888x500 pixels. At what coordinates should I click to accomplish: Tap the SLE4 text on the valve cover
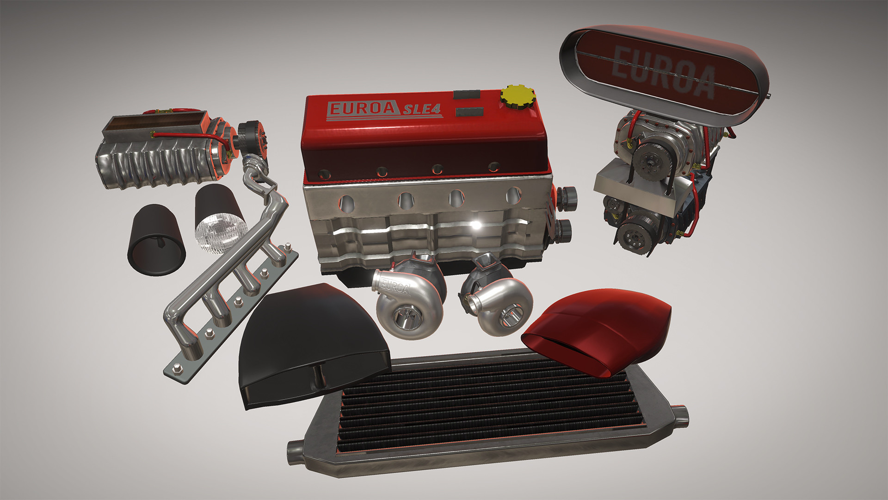(x=421, y=110)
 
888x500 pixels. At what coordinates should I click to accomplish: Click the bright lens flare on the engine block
(x=476, y=225)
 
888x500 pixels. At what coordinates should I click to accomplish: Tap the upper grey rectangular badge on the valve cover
(x=466, y=94)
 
